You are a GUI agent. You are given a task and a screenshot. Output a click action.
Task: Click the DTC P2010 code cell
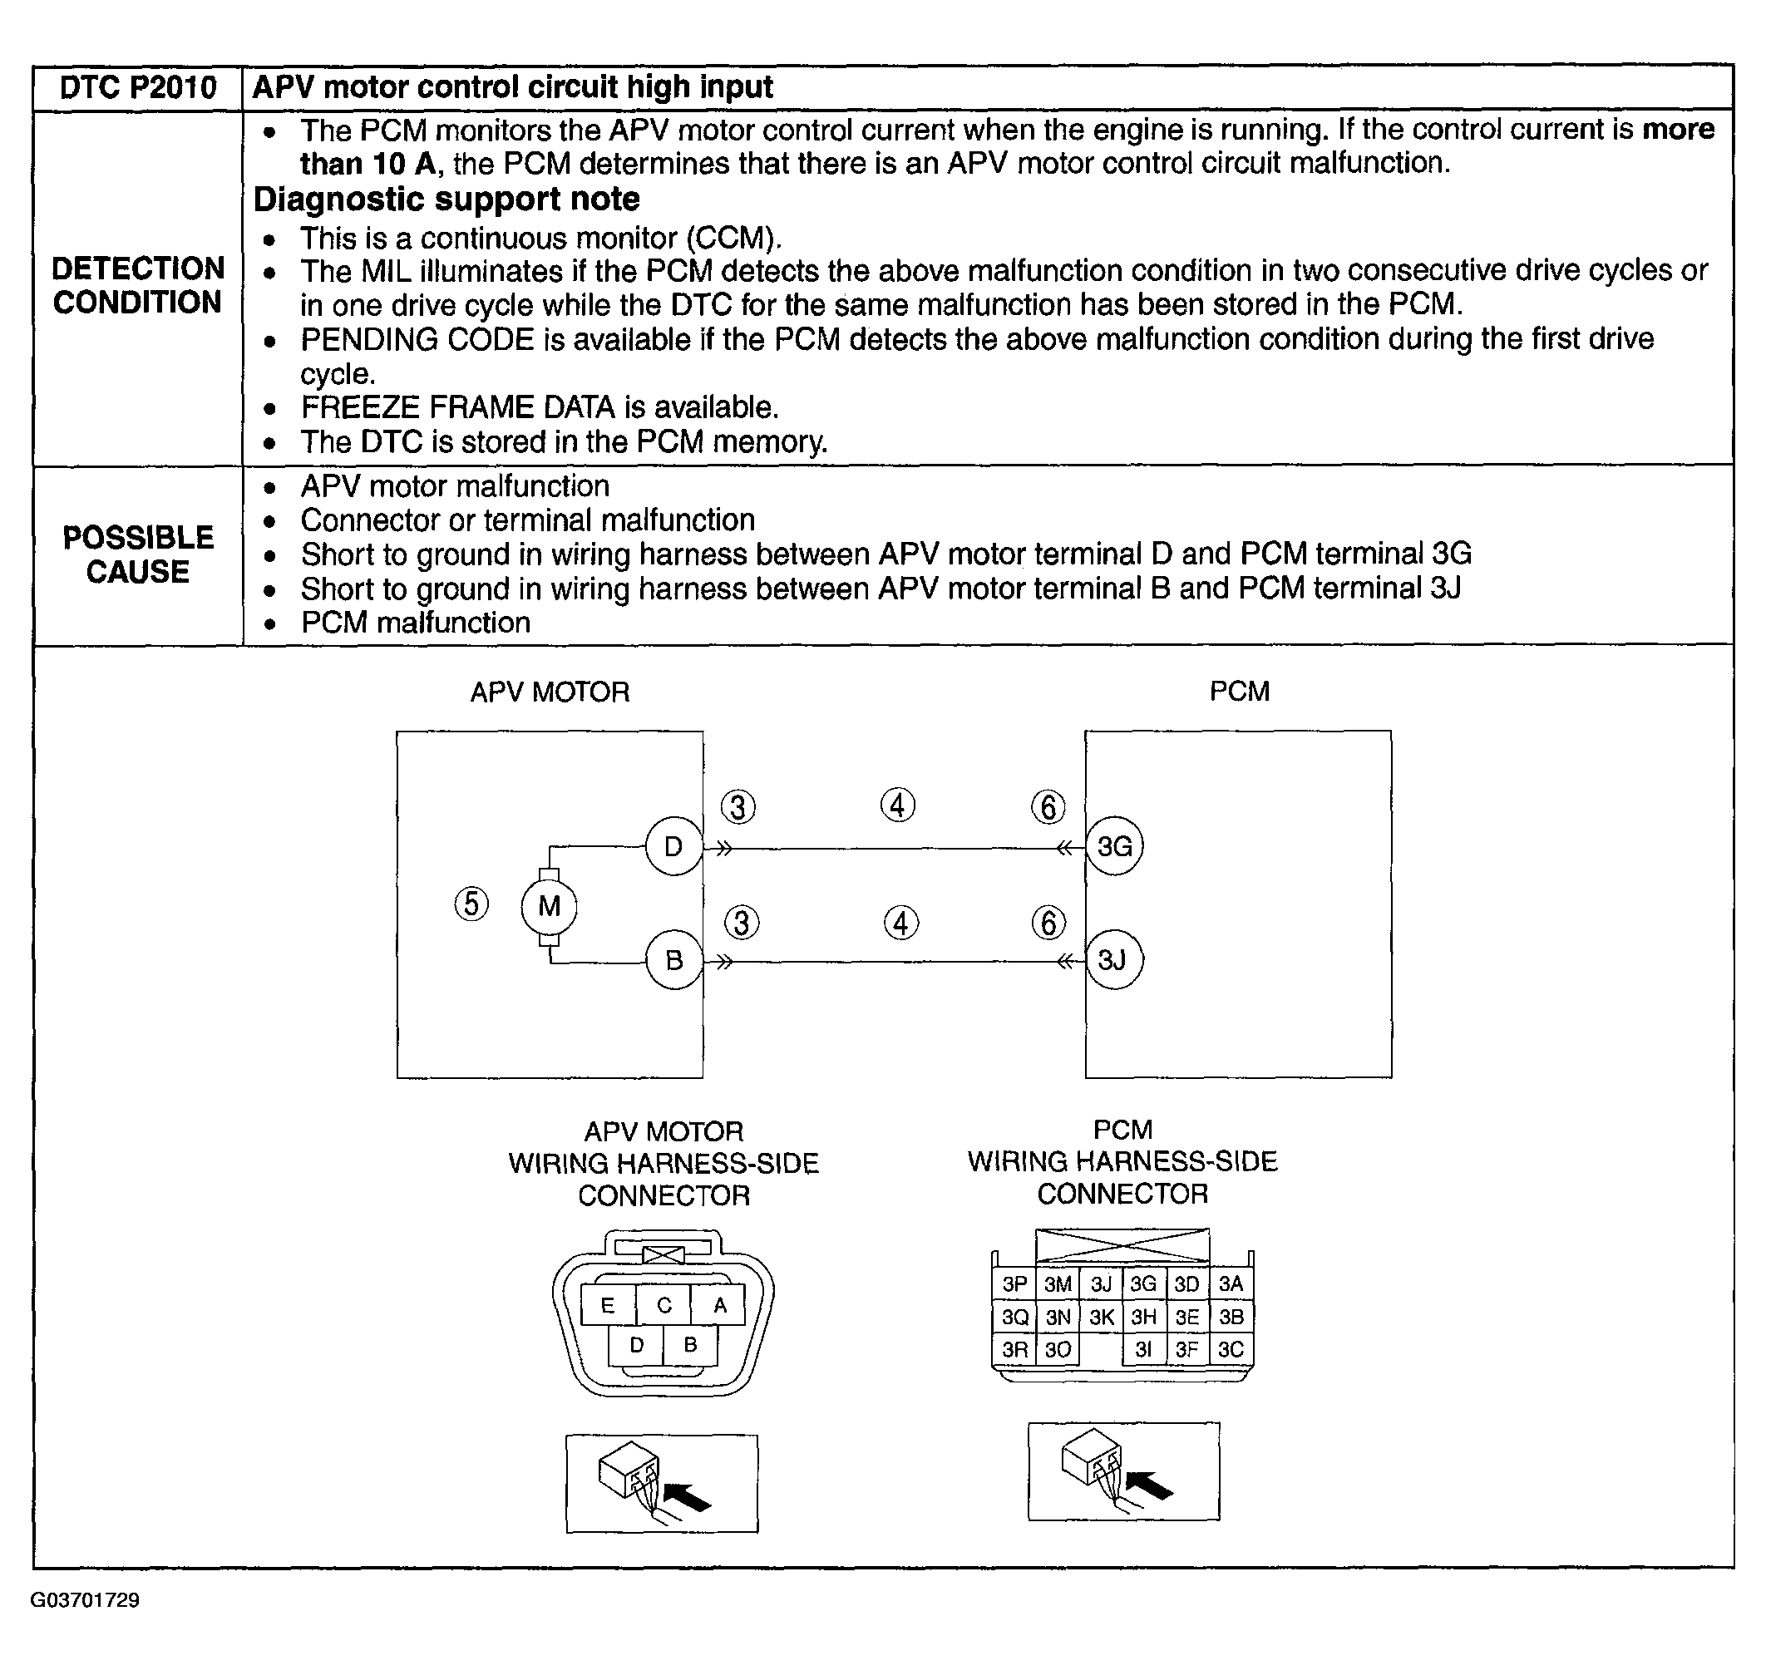tap(138, 87)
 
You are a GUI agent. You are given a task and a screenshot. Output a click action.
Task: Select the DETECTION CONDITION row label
tap(138, 285)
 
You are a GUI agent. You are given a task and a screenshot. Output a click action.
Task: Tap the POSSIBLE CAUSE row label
tap(138, 554)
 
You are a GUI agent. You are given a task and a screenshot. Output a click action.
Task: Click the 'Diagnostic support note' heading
tap(446, 200)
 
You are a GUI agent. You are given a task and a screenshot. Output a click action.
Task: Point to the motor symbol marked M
tap(550, 906)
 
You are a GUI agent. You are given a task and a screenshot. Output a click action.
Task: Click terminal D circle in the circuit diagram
tap(673, 845)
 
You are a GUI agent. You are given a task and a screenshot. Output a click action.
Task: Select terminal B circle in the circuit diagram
tap(673, 959)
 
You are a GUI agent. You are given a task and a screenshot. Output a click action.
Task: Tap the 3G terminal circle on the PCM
tap(1114, 845)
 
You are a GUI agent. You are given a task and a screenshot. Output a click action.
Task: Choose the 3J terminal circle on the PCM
tap(1113, 959)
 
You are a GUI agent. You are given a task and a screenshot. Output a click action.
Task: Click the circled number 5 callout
tap(472, 904)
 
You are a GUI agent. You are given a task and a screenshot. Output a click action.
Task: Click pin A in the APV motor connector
tap(719, 1305)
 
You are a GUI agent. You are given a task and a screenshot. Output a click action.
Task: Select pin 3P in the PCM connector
tap(1014, 1283)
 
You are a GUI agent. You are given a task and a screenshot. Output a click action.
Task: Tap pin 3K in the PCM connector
tap(1102, 1317)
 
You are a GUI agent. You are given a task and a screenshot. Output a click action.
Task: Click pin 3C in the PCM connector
tap(1231, 1349)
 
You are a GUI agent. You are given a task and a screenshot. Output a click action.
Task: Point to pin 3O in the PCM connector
tap(1058, 1349)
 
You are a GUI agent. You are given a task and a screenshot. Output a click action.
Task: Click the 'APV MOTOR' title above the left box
tap(550, 692)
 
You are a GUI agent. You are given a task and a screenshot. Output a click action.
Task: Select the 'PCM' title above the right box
tap(1239, 691)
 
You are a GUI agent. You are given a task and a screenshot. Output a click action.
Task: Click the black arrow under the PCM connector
tap(1150, 1485)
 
